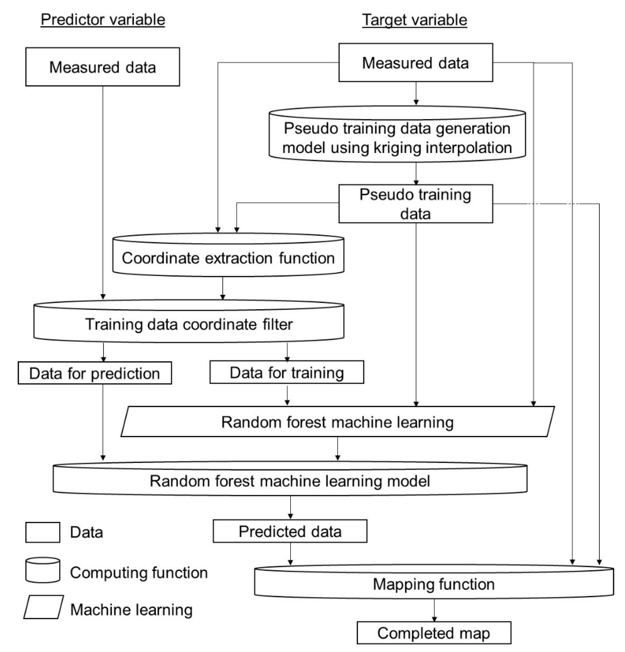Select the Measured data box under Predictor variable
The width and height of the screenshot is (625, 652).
click(102, 67)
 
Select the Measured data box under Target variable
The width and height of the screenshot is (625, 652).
click(415, 63)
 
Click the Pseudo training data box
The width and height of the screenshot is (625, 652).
click(415, 204)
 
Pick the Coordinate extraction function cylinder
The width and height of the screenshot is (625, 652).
click(228, 258)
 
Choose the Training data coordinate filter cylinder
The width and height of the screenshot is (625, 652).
click(189, 324)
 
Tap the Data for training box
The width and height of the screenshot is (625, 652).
click(286, 372)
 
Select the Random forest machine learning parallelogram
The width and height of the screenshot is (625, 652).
click(337, 422)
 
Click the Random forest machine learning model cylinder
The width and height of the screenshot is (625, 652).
click(290, 481)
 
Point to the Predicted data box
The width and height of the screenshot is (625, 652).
click(290, 531)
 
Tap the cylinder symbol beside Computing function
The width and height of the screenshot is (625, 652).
click(43, 570)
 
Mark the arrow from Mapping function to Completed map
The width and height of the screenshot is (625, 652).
click(434, 610)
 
